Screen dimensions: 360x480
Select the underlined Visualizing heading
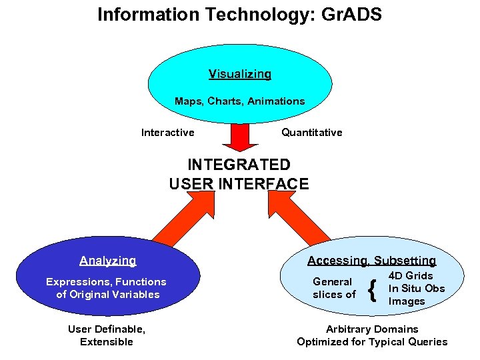pyautogui.click(x=240, y=74)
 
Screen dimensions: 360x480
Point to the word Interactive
pyautogui.click(x=168, y=133)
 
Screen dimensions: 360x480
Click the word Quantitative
pyautogui.click(x=311, y=133)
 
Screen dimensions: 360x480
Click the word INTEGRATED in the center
pyautogui.click(x=239, y=165)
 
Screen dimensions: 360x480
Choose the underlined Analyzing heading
pyautogui.click(x=107, y=261)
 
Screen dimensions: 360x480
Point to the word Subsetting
pyautogui.click(x=405, y=261)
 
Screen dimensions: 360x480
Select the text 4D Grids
pyautogui.click(x=411, y=276)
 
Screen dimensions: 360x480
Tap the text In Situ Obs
pyautogui.click(x=417, y=289)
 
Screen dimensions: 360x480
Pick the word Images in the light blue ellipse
pyautogui.click(x=407, y=301)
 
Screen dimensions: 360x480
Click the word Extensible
pyautogui.click(x=107, y=342)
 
